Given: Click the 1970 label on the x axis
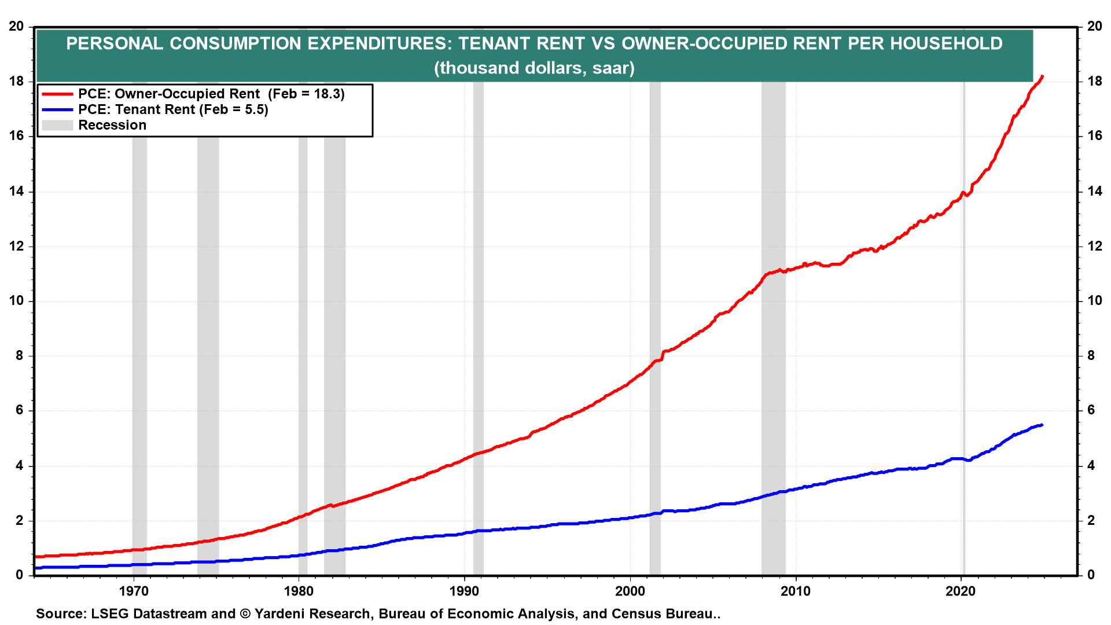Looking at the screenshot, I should pos(133,591).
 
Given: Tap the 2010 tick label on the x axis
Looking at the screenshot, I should pos(796,591).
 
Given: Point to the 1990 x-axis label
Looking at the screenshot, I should pos(465,591).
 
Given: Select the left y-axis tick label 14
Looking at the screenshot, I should pos(16,192).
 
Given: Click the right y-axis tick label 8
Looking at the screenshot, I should pos(1091,356).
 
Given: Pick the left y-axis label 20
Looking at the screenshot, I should pos(16,27).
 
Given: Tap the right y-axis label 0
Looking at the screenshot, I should pos(1091,575).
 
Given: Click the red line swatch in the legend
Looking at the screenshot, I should pos(57,94).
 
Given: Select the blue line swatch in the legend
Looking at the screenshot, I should pos(57,110).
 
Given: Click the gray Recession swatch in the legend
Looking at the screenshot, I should pos(57,126).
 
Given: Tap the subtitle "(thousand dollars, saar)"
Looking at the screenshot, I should pos(534,68).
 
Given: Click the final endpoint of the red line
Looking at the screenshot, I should pos(1042,76).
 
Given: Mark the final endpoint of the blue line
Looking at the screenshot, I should pos(1042,425).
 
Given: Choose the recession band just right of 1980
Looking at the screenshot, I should pos(303,347).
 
